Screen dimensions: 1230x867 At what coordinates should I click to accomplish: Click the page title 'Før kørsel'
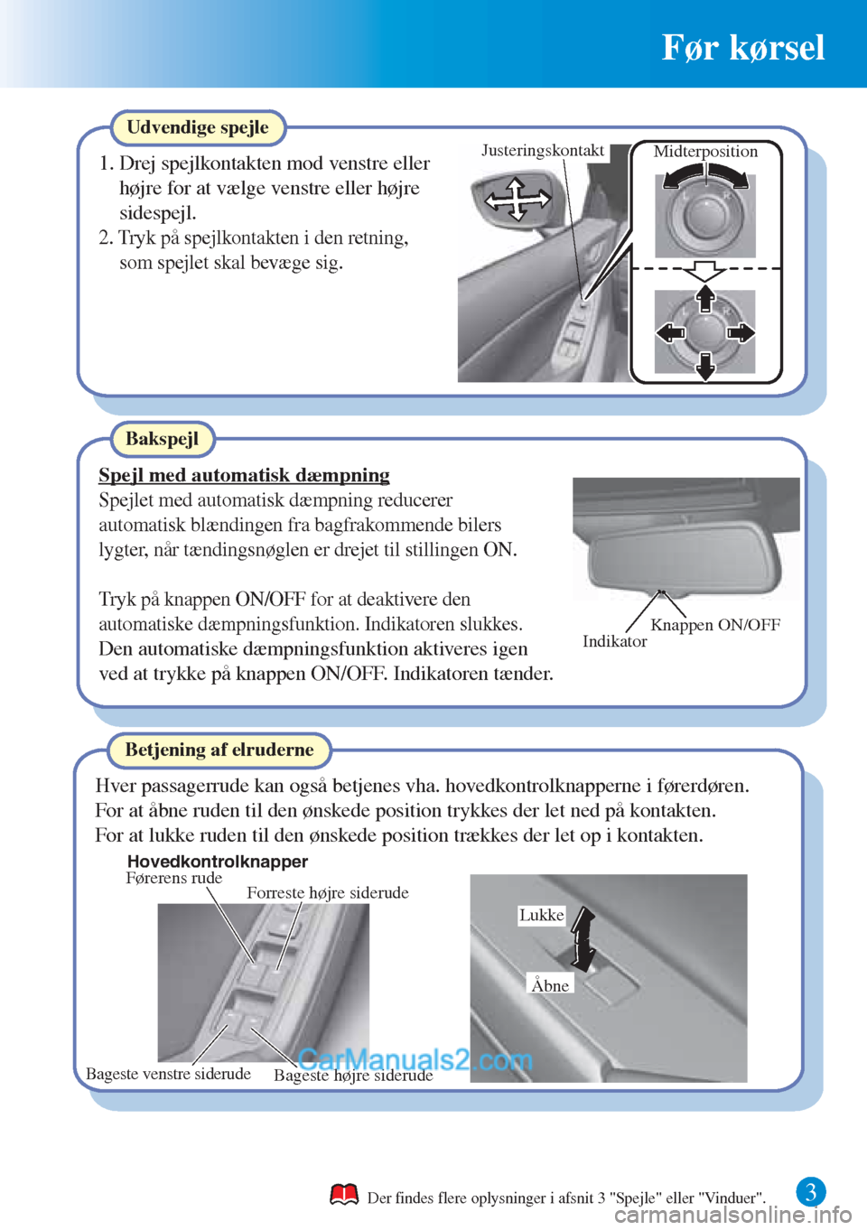[x=742, y=47]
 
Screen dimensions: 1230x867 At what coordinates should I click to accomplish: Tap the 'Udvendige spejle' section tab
[x=197, y=127]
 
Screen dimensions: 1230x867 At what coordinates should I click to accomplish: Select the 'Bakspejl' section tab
[x=162, y=439]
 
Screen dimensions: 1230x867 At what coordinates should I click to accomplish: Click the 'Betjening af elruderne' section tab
[x=219, y=750]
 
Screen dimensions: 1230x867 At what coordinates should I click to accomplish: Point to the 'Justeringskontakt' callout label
[x=542, y=151]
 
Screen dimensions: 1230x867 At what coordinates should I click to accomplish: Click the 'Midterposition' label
[x=705, y=152]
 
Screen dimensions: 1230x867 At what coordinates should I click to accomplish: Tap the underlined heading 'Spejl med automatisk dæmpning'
[x=244, y=475]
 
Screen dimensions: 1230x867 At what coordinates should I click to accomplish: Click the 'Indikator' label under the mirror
[x=614, y=641]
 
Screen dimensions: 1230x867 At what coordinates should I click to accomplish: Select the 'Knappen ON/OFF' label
[x=715, y=625]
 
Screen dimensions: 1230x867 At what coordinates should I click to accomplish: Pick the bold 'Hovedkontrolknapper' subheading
[x=218, y=862]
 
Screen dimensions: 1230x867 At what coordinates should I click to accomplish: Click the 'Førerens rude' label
[x=173, y=878]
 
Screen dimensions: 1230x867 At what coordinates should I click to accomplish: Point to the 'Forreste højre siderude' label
[x=327, y=893]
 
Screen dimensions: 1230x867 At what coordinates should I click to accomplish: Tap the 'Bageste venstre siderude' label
[x=168, y=1074]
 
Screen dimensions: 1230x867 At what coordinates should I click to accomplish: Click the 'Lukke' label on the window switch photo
[x=541, y=915]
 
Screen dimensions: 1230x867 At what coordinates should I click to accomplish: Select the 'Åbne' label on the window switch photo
[x=550, y=985]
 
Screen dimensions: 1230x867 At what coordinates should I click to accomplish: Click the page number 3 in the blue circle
[x=810, y=1192]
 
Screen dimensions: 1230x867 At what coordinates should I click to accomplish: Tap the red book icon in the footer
[x=344, y=1195]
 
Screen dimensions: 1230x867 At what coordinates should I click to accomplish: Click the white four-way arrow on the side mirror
[x=517, y=199]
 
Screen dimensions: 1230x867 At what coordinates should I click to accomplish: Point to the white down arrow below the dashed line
[x=704, y=270]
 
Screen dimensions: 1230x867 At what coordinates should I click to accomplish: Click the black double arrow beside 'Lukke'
[x=583, y=939]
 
